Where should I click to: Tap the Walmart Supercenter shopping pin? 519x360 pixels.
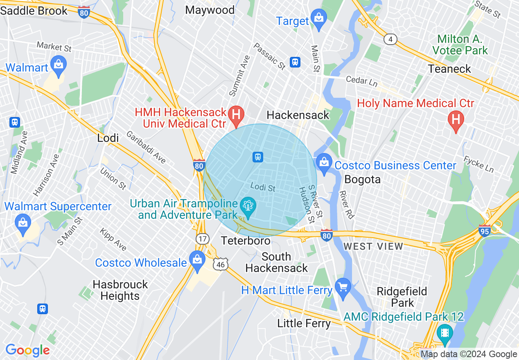point(23,223)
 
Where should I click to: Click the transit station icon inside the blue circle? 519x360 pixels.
point(257,157)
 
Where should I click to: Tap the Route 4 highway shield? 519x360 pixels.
point(391,39)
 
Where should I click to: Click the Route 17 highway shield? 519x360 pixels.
point(203,239)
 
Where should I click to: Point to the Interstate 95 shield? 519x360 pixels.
point(485,231)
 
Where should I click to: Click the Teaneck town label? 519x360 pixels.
point(449,69)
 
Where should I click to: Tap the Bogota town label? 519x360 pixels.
point(362,179)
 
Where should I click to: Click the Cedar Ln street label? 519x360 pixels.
point(361,81)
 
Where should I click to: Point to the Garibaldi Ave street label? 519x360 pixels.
point(146,147)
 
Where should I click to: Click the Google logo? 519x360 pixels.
point(27,350)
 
